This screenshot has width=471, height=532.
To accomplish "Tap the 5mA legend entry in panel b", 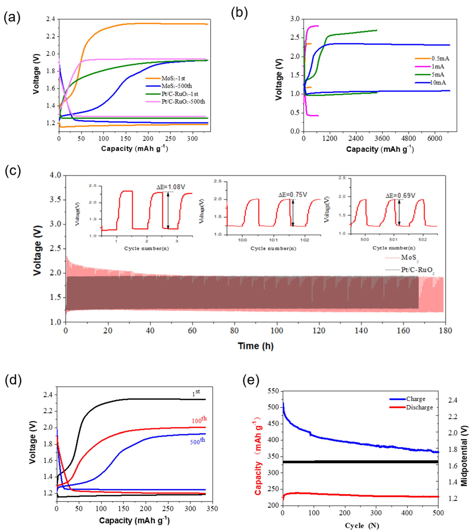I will (438, 75).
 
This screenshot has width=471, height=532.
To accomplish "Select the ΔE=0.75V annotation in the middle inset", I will (293, 195).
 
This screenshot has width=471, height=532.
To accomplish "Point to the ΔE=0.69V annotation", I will (400, 195).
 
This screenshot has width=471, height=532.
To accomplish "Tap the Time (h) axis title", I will (255, 346).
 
